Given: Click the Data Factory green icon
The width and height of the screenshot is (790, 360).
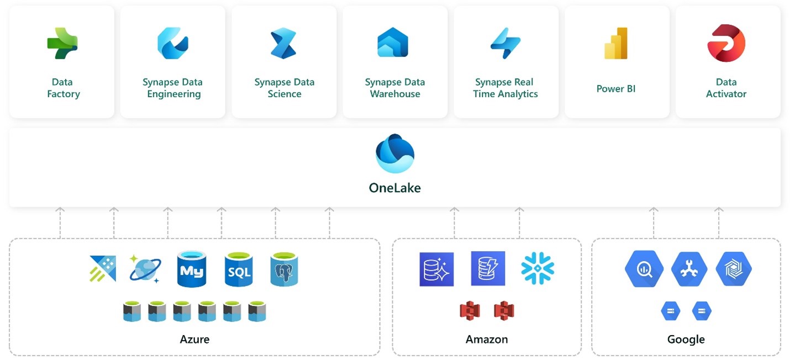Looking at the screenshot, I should click(x=62, y=43).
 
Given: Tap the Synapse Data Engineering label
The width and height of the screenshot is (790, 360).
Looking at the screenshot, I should click(x=172, y=88).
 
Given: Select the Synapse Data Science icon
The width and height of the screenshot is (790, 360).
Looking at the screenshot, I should click(x=283, y=43).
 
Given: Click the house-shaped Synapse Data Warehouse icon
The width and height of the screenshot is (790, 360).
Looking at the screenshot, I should click(x=393, y=43).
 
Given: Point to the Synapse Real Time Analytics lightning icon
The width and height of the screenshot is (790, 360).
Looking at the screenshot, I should click(x=505, y=43).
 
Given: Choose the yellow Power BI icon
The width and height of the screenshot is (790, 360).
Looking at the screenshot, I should click(x=615, y=43).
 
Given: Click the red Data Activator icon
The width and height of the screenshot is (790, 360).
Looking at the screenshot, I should click(x=726, y=43).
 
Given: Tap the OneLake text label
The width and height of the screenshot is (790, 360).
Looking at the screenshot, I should click(x=394, y=188).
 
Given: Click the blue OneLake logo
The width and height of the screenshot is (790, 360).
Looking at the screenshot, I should click(x=394, y=153).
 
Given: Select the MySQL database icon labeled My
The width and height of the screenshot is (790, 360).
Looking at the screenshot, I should click(x=192, y=269).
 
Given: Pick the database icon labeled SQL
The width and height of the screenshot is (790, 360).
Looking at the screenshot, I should click(x=239, y=269).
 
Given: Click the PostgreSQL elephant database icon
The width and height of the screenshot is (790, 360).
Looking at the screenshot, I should click(x=284, y=269).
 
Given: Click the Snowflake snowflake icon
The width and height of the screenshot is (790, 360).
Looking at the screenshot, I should click(x=537, y=268).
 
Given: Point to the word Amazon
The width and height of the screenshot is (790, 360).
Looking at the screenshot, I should click(x=486, y=339).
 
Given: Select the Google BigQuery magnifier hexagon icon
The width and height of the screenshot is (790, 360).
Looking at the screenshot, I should click(x=644, y=269).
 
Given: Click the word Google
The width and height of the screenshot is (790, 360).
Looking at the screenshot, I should click(x=686, y=339).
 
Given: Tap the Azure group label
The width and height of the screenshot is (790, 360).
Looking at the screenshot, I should click(x=194, y=339).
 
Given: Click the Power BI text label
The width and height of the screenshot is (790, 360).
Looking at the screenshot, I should click(x=616, y=88).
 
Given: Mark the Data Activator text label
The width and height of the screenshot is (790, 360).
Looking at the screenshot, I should click(x=726, y=88).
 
